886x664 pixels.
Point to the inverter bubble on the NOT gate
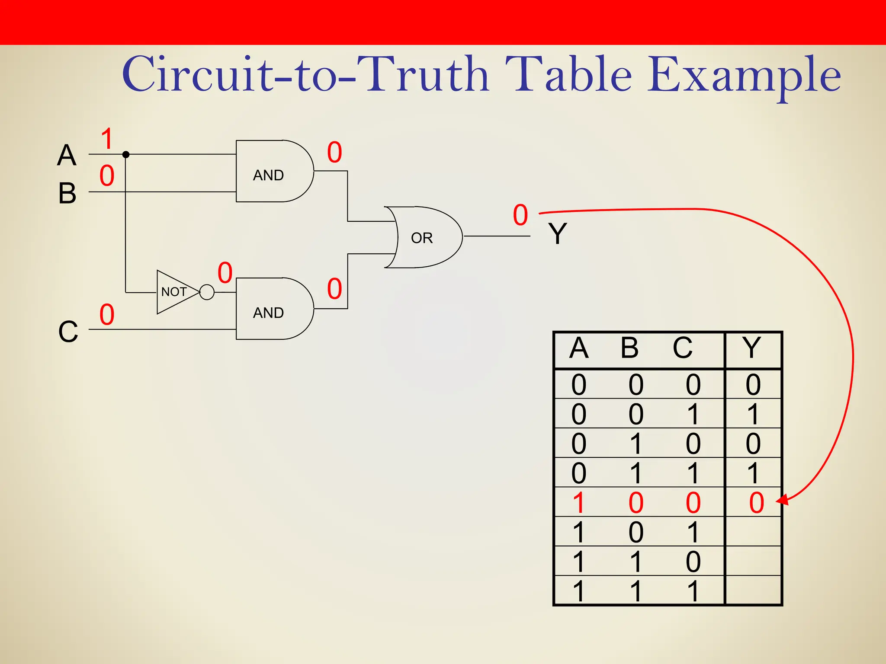point(207,292)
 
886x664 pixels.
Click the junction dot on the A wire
point(126,154)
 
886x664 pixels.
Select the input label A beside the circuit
point(67,155)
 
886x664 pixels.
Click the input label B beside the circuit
point(67,193)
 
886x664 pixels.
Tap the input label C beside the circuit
point(68,332)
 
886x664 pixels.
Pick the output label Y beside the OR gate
point(557,233)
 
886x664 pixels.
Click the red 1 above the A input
point(107,139)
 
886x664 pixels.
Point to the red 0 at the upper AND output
point(334,152)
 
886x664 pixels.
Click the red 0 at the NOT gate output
point(225,273)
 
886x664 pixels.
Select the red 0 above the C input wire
point(107,314)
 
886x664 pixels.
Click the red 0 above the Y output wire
point(520,215)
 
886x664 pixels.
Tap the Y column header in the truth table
point(751,348)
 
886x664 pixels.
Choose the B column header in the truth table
point(629,348)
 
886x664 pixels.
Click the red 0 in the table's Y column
point(757,503)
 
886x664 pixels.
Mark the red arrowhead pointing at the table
point(782,501)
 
